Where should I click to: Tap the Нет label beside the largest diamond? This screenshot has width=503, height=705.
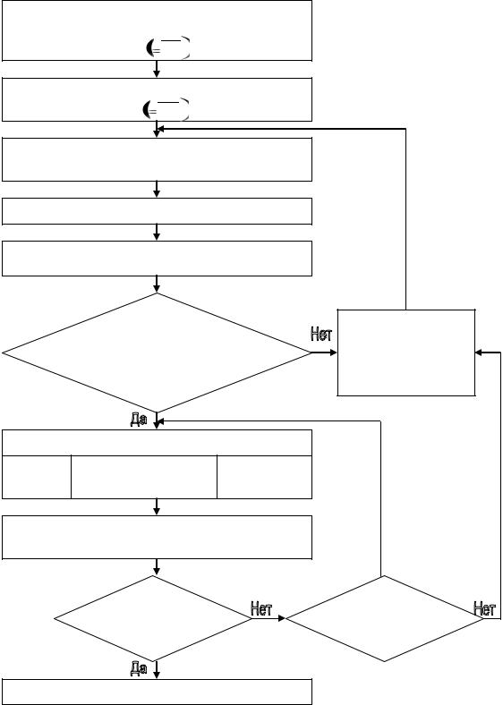[321, 334]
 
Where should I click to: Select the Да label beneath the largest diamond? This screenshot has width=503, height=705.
[139, 420]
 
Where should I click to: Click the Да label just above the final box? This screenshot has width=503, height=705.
[139, 668]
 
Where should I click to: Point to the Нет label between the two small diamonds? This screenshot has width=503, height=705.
[261, 608]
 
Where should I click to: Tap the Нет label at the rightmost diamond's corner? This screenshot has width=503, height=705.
[484, 608]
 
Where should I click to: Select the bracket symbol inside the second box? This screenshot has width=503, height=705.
[166, 110]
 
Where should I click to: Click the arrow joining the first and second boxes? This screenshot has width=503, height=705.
[157, 69]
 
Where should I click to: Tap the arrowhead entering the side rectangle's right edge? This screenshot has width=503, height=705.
[480, 352]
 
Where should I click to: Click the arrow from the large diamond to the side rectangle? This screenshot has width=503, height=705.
[324, 352]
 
